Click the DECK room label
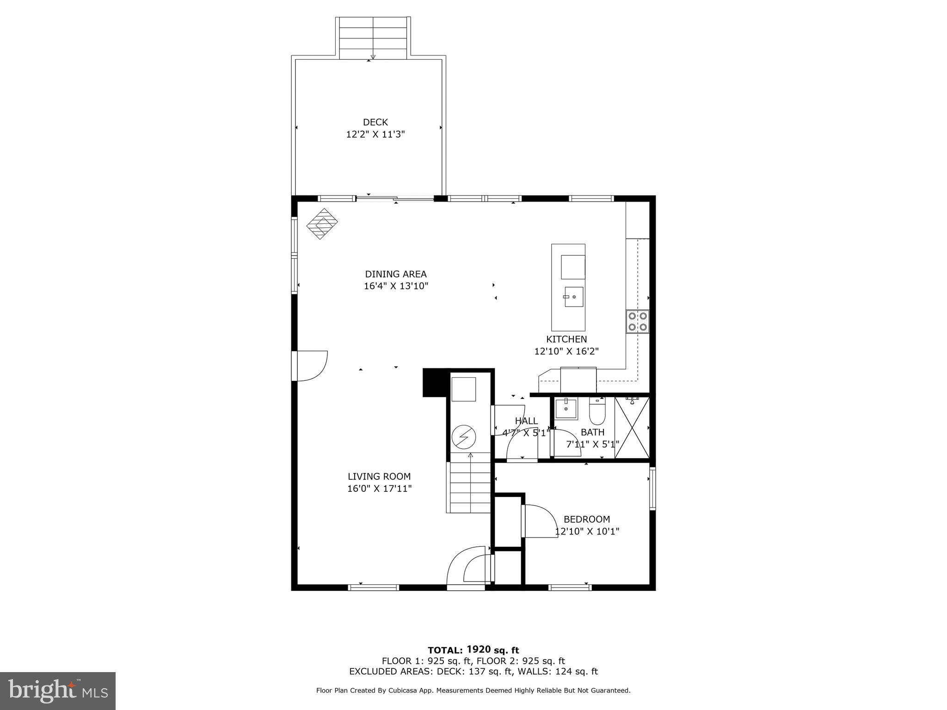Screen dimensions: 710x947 tap(375, 122)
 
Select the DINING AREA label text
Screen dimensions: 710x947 tap(396, 274)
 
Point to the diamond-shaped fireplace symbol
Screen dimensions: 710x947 tap(322, 224)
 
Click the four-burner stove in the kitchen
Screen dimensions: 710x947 tap(637, 322)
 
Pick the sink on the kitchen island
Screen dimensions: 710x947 tap(573, 297)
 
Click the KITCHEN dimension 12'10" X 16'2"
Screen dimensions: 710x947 tap(566, 351)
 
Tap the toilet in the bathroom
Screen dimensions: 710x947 tap(597, 411)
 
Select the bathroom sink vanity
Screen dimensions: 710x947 tap(566, 409)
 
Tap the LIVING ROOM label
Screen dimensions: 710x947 tap(379, 477)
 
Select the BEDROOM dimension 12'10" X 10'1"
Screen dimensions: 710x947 tap(587, 532)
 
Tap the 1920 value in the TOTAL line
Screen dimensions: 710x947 tap(478, 649)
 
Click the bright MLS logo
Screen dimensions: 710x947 tap(58, 691)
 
